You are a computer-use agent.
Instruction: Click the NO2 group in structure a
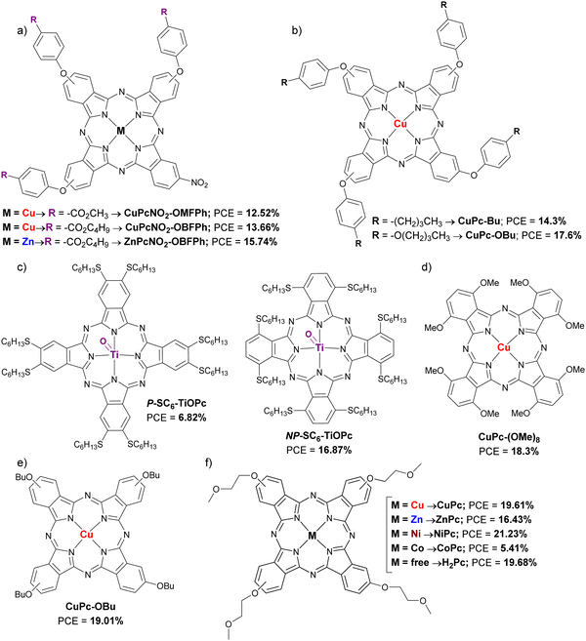(199, 184)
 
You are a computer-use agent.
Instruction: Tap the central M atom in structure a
(121, 132)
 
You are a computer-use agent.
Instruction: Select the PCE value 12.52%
(263, 213)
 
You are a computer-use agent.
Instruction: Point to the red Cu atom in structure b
(400, 124)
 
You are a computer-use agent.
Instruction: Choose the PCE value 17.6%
(566, 235)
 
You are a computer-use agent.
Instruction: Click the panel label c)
(21, 268)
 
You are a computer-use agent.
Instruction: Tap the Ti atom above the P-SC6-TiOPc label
(114, 354)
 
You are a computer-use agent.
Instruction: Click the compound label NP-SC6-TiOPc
(318, 436)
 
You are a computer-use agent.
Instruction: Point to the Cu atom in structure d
(504, 347)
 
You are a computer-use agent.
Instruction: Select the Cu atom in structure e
(86, 535)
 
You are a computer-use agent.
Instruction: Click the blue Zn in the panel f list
(417, 520)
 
